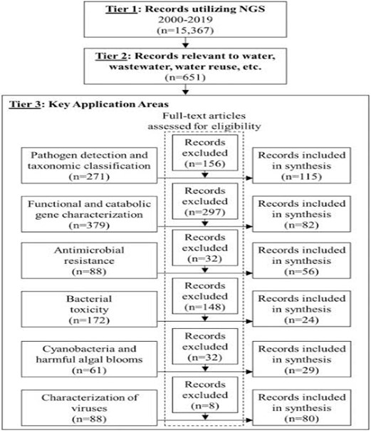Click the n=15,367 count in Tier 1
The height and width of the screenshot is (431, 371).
point(185,30)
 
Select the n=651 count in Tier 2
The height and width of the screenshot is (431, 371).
point(185,77)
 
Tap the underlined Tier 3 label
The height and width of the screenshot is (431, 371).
point(25,104)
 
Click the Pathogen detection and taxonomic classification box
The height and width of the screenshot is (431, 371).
point(90,166)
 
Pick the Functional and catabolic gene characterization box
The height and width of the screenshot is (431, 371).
point(90,214)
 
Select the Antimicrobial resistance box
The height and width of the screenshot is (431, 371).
point(90,260)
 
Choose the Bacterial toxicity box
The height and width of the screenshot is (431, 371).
point(90,309)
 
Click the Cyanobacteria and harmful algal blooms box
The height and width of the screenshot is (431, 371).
point(90,359)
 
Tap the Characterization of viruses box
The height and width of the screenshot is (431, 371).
point(90,408)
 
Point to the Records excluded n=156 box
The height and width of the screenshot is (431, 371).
point(205,153)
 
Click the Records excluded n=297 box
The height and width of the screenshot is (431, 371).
point(205,201)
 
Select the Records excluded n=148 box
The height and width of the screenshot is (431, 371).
point(205,296)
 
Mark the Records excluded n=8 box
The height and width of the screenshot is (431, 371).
point(205,395)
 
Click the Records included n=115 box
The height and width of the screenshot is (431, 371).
point(302,166)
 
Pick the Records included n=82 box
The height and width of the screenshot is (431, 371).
point(302,214)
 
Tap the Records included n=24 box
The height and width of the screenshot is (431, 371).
point(302,309)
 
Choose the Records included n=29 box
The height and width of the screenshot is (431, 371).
point(302,359)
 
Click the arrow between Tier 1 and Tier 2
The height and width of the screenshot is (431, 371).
point(186,43)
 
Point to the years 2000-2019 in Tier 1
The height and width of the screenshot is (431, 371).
point(185,20)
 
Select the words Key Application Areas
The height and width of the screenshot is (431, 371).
point(108,104)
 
